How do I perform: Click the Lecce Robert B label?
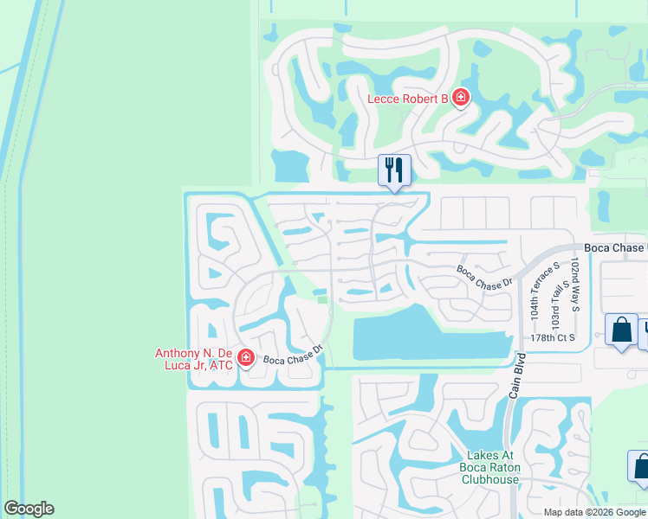tap(407, 99)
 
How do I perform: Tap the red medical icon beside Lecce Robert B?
tap(461, 97)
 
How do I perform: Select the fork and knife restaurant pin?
tap(394, 170)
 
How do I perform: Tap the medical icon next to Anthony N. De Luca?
tap(246, 357)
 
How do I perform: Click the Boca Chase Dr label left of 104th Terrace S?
tap(485, 276)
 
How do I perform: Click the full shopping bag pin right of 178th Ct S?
tap(620, 330)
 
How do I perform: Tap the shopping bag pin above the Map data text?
tap(640, 465)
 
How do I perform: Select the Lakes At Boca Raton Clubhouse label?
tap(491, 467)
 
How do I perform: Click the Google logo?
tap(29, 509)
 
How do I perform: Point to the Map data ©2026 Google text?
tap(594, 512)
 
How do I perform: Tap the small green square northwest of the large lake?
tap(322, 300)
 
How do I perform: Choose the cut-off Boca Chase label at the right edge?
tap(615, 247)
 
